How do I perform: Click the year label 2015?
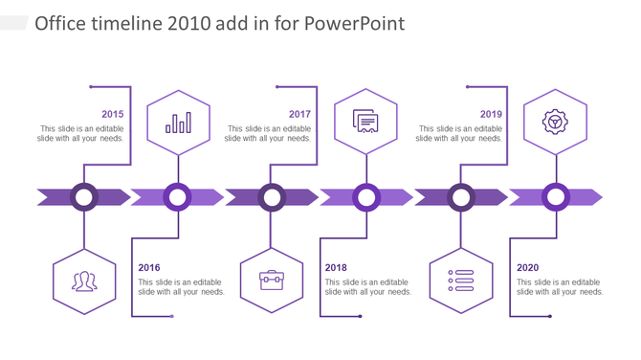(x=112, y=114)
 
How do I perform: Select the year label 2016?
(x=149, y=268)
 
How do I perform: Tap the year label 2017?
(x=299, y=114)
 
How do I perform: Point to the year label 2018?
(x=336, y=268)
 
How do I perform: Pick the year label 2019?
(x=491, y=114)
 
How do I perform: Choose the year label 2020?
(x=528, y=268)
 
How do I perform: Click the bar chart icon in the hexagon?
(x=178, y=123)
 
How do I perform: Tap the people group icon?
(x=84, y=281)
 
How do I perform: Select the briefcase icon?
(x=272, y=280)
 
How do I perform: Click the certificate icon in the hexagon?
(x=365, y=122)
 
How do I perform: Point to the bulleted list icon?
(x=462, y=280)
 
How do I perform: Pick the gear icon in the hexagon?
(x=555, y=122)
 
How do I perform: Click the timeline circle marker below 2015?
(x=85, y=197)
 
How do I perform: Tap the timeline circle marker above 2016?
(x=177, y=197)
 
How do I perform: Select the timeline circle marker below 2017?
(x=272, y=197)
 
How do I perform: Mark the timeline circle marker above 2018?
(x=366, y=197)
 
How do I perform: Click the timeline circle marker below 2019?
(x=461, y=197)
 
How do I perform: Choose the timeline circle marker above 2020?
(x=556, y=197)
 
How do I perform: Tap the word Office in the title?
(x=62, y=23)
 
